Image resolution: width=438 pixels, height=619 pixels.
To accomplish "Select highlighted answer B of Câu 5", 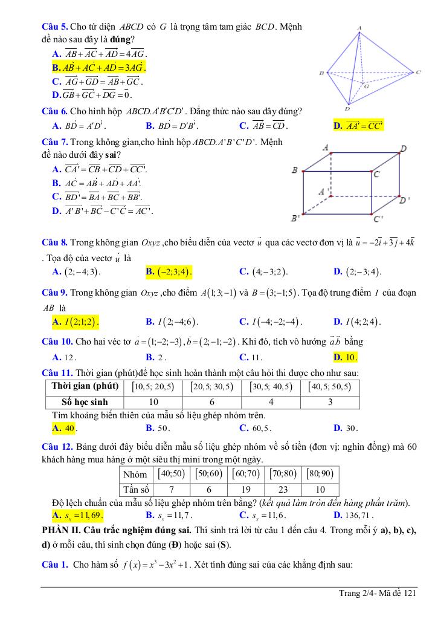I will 100,67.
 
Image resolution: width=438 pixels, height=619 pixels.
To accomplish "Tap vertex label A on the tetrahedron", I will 359,28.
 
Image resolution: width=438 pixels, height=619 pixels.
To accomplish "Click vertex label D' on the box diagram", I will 405,199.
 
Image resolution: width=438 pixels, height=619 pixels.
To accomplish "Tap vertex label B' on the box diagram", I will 295,217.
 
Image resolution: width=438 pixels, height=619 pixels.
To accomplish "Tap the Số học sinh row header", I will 83,402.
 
